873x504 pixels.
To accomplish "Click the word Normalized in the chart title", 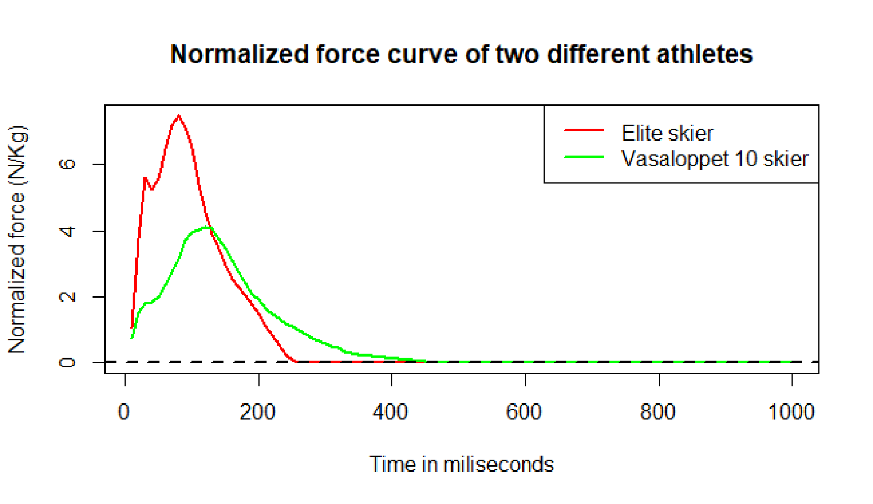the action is [x=240, y=54].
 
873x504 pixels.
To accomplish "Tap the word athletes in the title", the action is [x=704, y=54].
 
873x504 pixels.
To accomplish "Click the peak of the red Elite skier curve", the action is [x=179, y=116].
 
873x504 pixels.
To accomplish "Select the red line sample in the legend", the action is [x=584, y=129].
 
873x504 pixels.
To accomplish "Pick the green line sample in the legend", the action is [x=584, y=157].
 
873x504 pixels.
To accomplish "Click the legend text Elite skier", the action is [x=667, y=133].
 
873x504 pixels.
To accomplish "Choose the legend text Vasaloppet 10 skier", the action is [x=715, y=158].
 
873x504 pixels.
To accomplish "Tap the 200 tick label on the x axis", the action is [x=257, y=412].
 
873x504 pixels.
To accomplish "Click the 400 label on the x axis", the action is [x=391, y=412].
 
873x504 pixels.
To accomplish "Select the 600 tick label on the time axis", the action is [x=524, y=412].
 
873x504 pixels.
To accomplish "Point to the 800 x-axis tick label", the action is [x=658, y=412].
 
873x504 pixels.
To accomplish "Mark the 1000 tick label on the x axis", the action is [x=791, y=412].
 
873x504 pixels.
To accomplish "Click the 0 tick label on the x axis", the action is [x=124, y=412].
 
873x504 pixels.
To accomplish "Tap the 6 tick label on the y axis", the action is [x=67, y=164].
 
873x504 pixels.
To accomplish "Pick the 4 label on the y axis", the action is [x=67, y=231].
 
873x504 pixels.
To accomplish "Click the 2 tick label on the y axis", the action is [x=67, y=297].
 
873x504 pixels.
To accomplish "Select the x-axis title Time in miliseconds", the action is [x=462, y=464].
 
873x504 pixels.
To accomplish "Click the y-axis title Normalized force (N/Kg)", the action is [x=17, y=239].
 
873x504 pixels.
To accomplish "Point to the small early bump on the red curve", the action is [x=145, y=179].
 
